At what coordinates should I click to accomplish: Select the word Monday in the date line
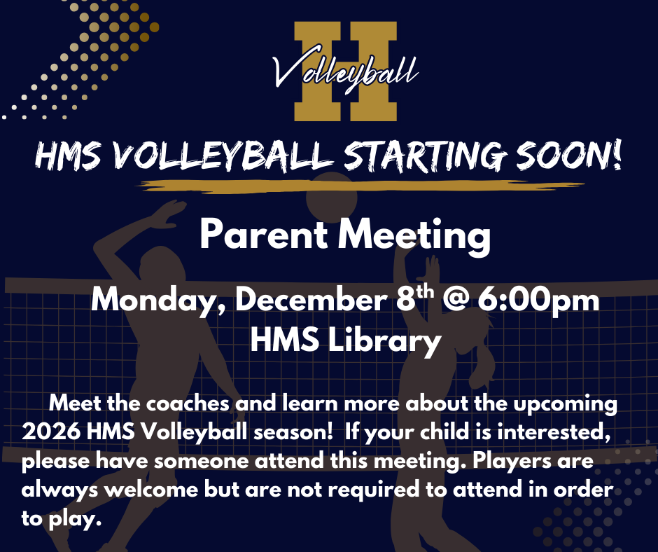click(159, 301)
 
